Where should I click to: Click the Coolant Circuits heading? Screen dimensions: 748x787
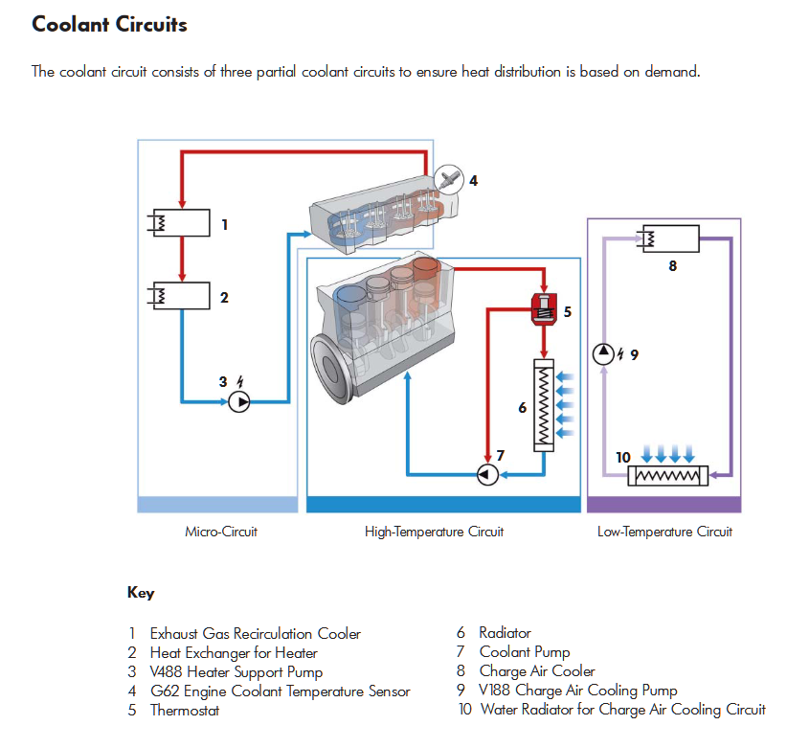109,25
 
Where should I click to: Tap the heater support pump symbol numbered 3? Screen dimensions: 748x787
239,402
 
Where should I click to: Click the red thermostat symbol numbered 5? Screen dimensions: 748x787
544,309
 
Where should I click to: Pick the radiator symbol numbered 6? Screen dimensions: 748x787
544,406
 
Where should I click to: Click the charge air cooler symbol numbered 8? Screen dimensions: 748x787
670,237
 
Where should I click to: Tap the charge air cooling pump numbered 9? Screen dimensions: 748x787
603,353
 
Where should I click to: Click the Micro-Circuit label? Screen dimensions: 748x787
221,532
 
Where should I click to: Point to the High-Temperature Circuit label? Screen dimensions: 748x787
434,532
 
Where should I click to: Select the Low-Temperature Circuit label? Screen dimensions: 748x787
664,532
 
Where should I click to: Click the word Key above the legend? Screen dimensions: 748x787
141,593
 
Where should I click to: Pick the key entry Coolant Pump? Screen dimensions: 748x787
525,652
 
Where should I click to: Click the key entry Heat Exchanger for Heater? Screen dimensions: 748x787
234,652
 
